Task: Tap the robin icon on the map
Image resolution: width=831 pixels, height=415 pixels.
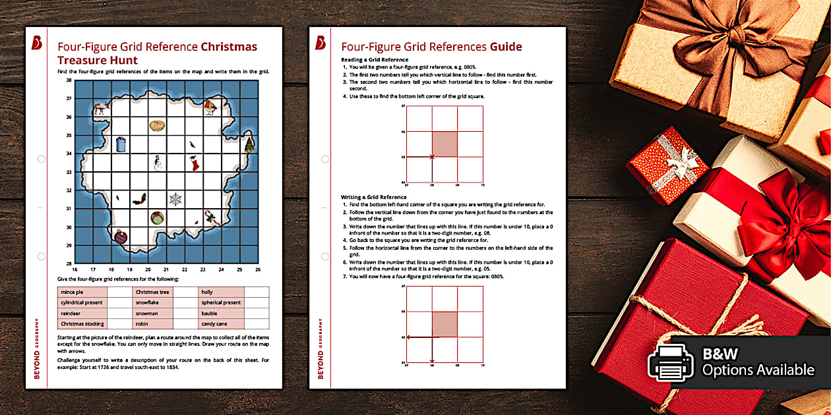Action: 210,107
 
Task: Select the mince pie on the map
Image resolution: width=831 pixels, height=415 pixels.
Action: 156,125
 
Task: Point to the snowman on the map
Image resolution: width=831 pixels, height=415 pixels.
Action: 157,162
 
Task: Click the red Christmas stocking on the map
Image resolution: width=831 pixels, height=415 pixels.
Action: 194,163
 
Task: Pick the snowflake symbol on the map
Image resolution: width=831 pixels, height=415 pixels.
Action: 175,199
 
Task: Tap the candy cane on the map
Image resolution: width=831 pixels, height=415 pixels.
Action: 211,217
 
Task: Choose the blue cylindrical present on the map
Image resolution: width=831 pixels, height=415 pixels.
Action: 120,144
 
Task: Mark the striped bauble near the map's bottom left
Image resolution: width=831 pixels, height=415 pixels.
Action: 120,236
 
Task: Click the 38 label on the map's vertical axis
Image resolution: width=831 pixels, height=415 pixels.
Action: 69,80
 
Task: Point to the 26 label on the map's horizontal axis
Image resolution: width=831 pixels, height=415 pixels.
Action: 257,269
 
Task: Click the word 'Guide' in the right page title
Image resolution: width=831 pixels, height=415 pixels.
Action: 505,47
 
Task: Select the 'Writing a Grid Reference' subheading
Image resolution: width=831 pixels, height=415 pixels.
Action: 373,197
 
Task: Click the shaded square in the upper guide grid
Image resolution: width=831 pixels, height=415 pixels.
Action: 444,144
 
